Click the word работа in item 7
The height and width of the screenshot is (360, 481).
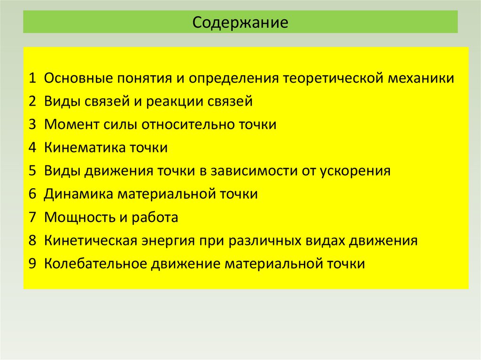click(x=156, y=218)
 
